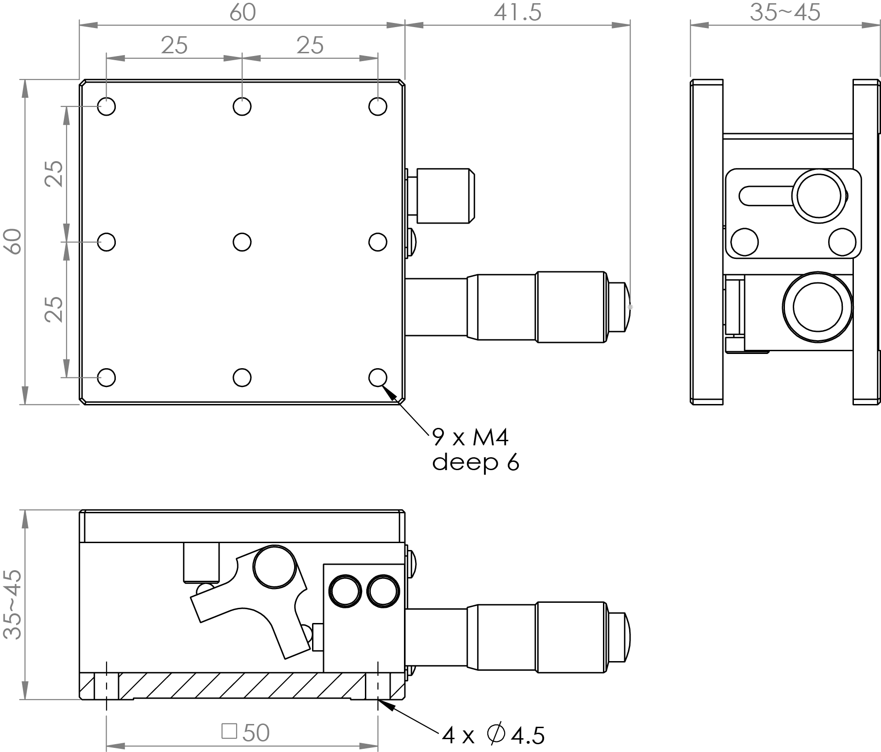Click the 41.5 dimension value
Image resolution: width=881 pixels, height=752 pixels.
(x=517, y=13)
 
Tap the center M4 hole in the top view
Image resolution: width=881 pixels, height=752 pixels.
(x=242, y=242)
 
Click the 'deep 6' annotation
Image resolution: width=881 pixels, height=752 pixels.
(x=475, y=462)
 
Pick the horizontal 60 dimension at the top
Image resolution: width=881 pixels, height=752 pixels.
(x=242, y=13)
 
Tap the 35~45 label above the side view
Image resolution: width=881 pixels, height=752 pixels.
(x=785, y=13)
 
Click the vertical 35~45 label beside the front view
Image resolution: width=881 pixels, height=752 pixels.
(x=13, y=604)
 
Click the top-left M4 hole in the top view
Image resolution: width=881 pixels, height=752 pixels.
(x=107, y=107)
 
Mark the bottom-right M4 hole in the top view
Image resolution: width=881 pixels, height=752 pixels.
(x=378, y=377)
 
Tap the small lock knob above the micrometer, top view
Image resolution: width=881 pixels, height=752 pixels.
(x=445, y=196)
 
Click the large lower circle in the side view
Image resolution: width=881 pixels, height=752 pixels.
(x=818, y=307)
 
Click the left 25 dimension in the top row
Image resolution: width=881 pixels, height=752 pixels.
(x=175, y=45)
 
